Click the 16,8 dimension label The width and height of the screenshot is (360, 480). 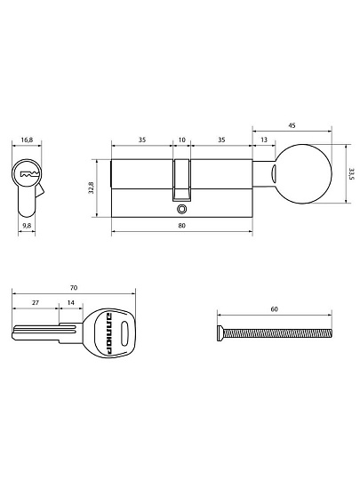point(27,140)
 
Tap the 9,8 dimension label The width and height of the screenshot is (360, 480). point(27,226)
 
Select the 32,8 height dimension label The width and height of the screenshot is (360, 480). point(92,188)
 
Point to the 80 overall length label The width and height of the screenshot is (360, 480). point(182,226)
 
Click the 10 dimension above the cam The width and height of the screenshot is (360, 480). point(182,140)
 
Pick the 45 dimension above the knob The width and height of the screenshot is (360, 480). point(292,125)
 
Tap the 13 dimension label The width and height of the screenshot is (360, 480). point(264,140)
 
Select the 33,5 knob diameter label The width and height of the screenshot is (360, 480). point(352,173)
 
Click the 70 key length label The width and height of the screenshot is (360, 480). point(74,288)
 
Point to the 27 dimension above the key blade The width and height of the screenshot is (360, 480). point(36,303)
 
